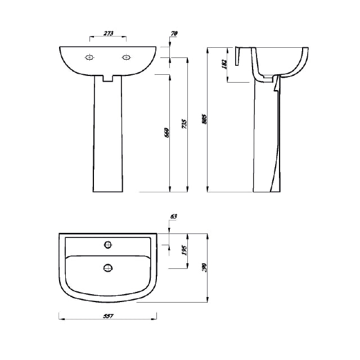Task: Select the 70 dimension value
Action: tap(174, 34)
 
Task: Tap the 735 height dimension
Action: tap(184, 125)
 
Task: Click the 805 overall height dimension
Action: tap(205, 120)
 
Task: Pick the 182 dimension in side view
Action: tap(224, 65)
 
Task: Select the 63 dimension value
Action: tap(173, 216)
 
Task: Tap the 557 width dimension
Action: tap(109, 317)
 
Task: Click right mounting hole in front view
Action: tap(127, 57)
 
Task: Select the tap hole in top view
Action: tap(108, 245)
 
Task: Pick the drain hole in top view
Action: tap(108, 268)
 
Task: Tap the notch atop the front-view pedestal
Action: tap(109, 78)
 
